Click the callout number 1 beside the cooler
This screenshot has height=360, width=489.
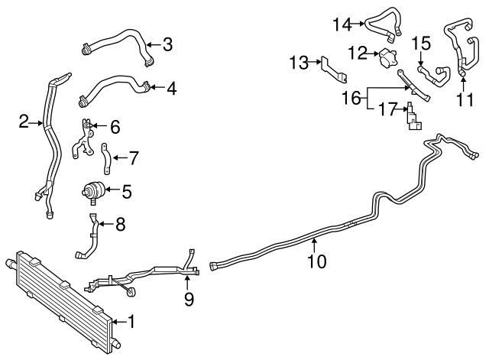pyautogui.click(x=131, y=321)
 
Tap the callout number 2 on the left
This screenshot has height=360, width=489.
pyautogui.click(x=24, y=121)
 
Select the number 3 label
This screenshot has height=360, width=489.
pyautogui.click(x=167, y=44)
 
